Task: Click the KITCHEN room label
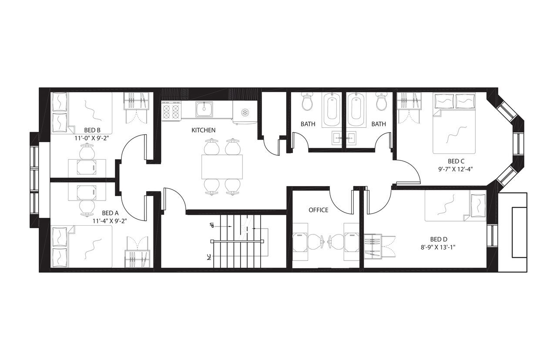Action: [x=203, y=130]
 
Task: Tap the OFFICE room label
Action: [x=318, y=210]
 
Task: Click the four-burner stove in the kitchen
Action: [x=171, y=110]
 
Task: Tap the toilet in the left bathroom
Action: [x=308, y=102]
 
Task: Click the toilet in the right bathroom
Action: [x=382, y=102]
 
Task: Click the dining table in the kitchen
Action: [x=221, y=167]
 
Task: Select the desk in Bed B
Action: [x=87, y=167]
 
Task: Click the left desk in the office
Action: [x=300, y=241]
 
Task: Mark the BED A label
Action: [x=110, y=213]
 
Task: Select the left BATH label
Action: [x=308, y=124]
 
